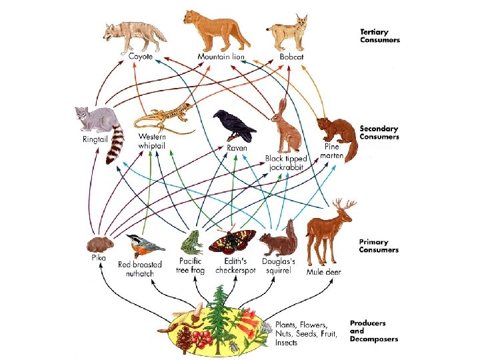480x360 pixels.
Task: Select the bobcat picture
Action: point(289,33)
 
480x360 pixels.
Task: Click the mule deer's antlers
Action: point(345,207)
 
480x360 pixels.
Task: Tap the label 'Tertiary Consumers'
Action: point(379,35)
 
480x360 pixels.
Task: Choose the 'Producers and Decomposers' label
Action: point(373,331)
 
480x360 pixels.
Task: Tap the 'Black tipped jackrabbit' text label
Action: point(284,163)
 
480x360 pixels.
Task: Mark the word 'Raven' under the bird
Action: point(237,147)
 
